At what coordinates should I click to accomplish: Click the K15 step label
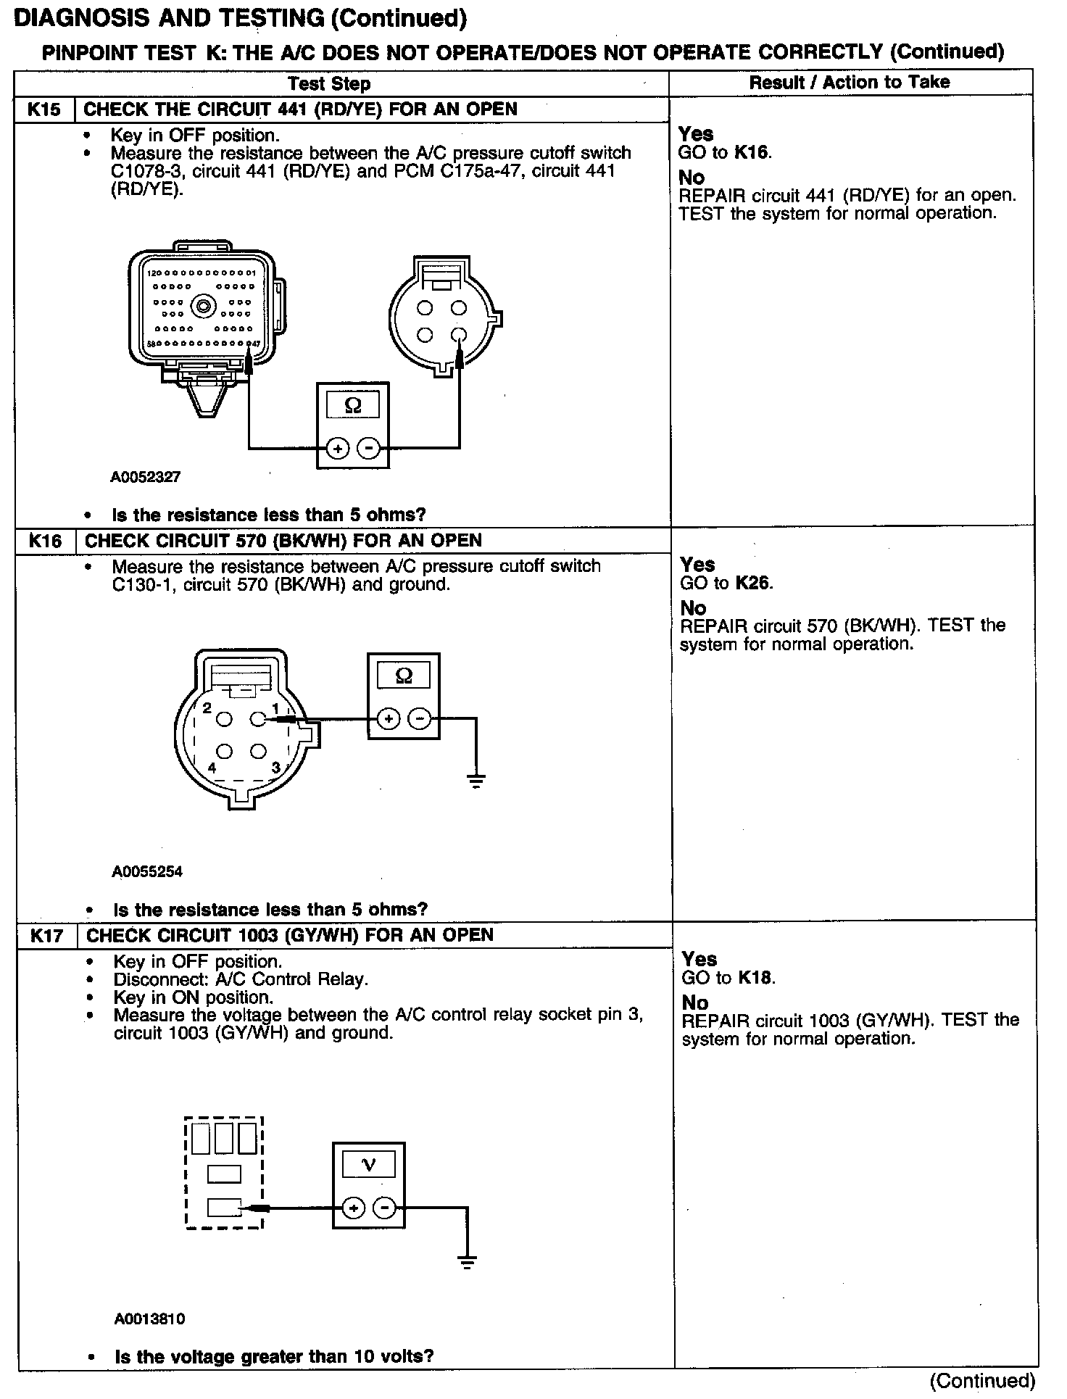[44, 109]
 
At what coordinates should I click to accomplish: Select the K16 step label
[45, 541]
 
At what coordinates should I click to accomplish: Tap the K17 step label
[46, 935]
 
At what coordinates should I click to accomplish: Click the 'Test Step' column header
[329, 83]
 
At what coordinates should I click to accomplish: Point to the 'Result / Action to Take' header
[849, 82]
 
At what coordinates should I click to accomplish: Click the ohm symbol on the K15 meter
[353, 405]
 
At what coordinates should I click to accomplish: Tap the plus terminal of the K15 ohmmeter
[337, 449]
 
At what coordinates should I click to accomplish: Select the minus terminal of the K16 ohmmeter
[420, 719]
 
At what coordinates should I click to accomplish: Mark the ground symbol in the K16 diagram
[476, 781]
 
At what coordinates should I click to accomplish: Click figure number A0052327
[145, 477]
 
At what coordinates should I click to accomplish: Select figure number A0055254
[147, 871]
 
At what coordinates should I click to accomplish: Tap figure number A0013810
[149, 1319]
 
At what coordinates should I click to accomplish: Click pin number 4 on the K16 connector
[212, 767]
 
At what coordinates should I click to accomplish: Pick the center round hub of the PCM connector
[203, 307]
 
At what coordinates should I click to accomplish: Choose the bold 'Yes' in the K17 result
[699, 959]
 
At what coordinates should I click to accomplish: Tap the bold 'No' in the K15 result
[692, 177]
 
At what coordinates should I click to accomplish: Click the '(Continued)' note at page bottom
[983, 1380]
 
